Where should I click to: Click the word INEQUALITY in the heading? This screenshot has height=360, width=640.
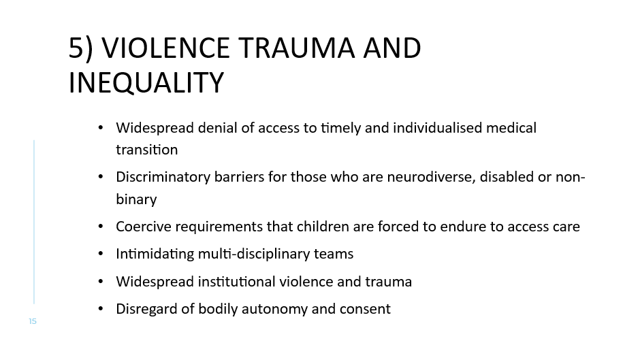(146, 83)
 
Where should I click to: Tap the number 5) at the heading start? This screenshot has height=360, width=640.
(80, 48)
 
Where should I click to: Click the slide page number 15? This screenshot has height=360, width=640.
(33, 321)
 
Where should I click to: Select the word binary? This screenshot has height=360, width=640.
(136, 199)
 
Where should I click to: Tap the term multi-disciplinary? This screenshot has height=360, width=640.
(242, 254)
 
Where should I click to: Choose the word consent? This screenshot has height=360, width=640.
(368, 309)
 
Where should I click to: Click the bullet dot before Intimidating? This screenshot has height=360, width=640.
(101, 254)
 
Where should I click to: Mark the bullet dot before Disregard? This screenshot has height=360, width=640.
(101, 309)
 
